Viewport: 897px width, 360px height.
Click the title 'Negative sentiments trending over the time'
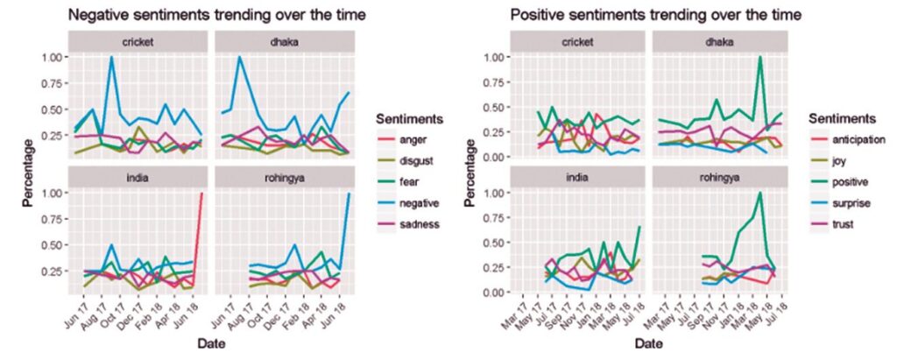click(217, 16)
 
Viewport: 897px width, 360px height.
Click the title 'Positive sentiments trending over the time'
click(655, 16)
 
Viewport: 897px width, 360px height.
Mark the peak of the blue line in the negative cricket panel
click(111, 57)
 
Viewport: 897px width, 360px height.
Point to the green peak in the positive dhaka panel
click(760, 57)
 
